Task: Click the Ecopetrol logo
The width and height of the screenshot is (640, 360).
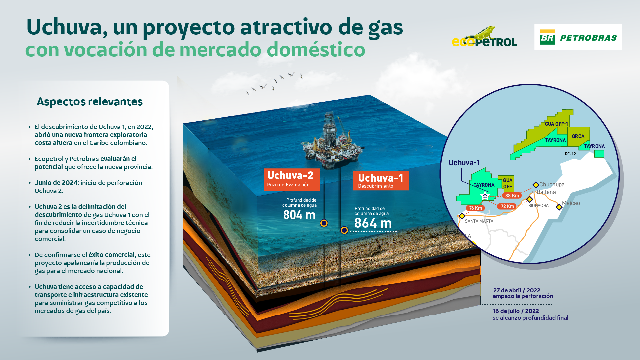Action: coord(484,37)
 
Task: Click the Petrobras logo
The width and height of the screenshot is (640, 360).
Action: coord(578,37)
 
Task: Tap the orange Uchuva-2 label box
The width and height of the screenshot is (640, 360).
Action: coord(292,179)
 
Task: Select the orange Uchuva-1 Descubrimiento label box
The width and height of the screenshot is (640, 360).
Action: coord(381,181)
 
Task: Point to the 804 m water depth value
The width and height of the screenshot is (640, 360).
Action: coord(299,215)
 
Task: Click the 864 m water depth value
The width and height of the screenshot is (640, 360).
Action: coord(373,223)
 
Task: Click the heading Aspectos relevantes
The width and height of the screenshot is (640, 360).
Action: coord(90,102)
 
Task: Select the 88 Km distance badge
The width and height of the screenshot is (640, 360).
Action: coord(512,196)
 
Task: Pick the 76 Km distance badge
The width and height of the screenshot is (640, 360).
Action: coord(476,208)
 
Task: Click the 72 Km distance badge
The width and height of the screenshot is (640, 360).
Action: coord(507,206)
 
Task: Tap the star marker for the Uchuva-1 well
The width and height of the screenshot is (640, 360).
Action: coord(485,196)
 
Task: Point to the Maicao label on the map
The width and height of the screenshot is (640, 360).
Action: coord(571,203)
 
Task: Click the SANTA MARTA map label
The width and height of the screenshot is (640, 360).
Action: coord(479,221)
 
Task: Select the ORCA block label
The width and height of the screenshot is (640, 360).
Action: coord(578,136)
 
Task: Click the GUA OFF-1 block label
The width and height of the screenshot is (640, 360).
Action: coord(556,124)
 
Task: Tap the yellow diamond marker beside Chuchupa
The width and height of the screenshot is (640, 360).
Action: coord(536,185)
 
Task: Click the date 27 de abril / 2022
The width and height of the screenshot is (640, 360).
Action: coord(517,290)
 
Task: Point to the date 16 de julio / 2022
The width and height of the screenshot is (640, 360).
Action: coord(516,311)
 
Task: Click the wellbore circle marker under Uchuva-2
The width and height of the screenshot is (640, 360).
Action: coord(324,223)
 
